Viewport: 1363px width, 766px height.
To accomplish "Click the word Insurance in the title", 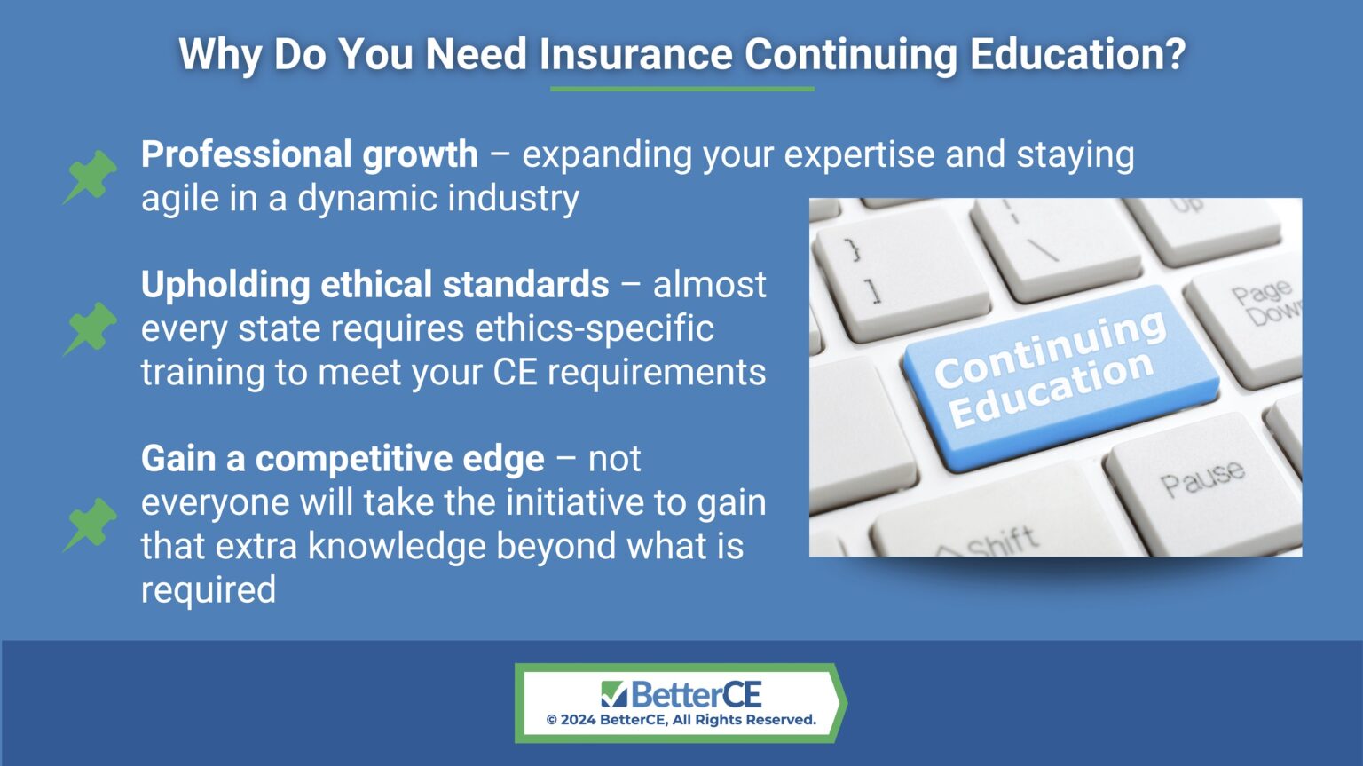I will [635, 54].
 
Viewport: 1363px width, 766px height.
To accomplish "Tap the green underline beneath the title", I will [681, 89].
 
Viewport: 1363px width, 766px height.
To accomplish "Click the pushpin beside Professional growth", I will [91, 176].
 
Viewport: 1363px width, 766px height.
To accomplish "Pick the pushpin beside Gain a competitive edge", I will [91, 523].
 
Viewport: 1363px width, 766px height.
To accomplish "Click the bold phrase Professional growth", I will [309, 154].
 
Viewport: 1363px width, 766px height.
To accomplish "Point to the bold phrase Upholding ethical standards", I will [374, 285].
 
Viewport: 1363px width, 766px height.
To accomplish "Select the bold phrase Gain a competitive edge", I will [343, 459].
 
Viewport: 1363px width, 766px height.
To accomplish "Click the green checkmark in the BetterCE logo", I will [613, 693].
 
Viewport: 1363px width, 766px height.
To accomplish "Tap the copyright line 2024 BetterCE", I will [681, 720].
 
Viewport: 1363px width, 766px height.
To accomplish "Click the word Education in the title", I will [1076, 54].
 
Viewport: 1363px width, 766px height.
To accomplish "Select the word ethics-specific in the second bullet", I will [594, 328].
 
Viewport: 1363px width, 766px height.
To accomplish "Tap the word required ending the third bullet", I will [209, 590].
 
